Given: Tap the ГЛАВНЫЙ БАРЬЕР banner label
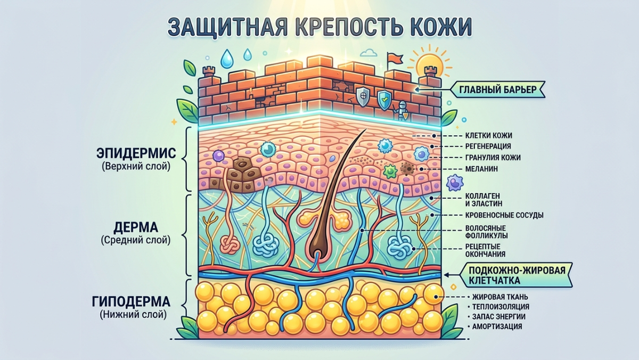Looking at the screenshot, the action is tap(498, 89).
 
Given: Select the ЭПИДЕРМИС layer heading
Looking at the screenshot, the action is tap(136, 153).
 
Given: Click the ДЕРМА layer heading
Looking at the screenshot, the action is tap(136, 227).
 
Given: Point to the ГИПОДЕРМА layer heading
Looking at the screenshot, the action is tap(131, 301).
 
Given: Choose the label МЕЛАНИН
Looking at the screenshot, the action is tap(481, 169).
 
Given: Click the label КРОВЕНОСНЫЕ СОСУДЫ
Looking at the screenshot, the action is tap(504, 215).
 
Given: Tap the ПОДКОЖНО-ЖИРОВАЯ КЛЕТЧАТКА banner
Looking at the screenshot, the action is tap(517, 275).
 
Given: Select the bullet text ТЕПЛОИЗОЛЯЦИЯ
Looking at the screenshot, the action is tap(501, 307).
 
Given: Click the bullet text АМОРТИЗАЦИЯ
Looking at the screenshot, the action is tap(497, 326).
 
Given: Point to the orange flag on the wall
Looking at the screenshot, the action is tap(394, 59).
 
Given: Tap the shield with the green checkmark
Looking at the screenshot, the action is tap(384, 100).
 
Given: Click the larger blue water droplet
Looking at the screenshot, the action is tap(227, 59).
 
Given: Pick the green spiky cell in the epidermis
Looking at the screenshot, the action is tap(390, 171).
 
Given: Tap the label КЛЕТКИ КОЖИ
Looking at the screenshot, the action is tap(489, 135).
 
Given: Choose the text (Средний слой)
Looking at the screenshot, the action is tap(135, 240).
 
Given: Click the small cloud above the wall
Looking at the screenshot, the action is tap(370, 53).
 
